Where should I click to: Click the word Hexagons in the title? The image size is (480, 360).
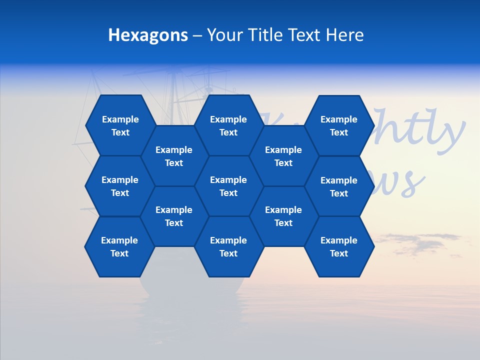(148, 35)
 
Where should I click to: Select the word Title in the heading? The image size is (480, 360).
(266, 35)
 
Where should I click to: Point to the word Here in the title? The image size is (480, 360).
(344, 35)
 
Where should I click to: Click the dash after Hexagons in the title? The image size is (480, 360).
(197, 35)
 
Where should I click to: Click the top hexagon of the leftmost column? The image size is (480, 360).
(120, 125)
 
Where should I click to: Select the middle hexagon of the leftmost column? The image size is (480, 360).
(120, 186)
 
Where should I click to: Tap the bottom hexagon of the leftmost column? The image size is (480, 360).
(119, 246)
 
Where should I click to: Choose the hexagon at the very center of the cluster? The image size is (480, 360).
(228, 186)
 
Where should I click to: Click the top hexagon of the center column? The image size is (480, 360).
(228, 125)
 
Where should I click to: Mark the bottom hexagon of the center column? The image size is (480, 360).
(228, 246)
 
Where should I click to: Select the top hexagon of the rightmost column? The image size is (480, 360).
(339, 125)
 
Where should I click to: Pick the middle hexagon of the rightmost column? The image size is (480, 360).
(339, 186)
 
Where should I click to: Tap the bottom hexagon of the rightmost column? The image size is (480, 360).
(339, 246)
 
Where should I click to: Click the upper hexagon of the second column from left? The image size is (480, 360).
(174, 156)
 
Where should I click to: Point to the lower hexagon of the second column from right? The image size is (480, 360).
(283, 216)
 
